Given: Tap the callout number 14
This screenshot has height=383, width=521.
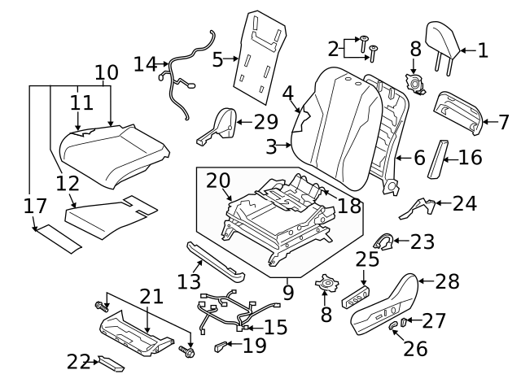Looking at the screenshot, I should pos(146,63).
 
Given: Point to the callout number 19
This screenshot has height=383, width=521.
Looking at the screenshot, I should pos(254,346).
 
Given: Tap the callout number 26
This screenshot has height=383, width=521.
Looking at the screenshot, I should pos(415,348).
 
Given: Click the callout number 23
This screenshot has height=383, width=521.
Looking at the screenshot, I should pos(422,242).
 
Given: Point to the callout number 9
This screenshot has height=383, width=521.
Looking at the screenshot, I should pos(288,289).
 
